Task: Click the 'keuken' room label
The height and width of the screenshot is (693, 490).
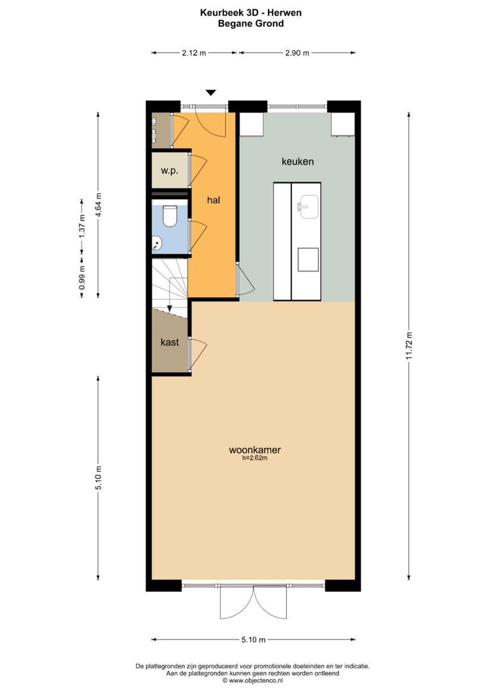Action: (x=297, y=162)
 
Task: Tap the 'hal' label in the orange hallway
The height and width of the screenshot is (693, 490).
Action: (x=213, y=200)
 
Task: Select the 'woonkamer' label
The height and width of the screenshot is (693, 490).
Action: (x=255, y=449)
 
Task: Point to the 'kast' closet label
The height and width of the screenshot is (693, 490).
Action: (x=170, y=342)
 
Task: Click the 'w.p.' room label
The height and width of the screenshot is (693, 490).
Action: (x=169, y=171)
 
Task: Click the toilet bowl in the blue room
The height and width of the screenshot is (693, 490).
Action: (x=169, y=216)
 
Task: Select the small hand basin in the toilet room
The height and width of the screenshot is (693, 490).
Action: (x=156, y=243)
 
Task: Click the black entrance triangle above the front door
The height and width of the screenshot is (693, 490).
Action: (x=211, y=93)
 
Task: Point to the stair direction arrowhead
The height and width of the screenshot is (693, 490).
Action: (x=169, y=308)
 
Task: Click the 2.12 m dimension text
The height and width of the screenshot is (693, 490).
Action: (x=193, y=53)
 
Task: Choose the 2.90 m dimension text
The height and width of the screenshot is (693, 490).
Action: (x=297, y=53)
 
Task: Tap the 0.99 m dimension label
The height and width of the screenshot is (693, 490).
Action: (x=82, y=278)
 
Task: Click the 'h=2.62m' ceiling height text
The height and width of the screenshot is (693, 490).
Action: (x=255, y=458)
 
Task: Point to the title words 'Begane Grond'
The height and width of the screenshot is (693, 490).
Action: (x=251, y=24)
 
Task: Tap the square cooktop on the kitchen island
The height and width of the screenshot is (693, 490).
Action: (x=308, y=259)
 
